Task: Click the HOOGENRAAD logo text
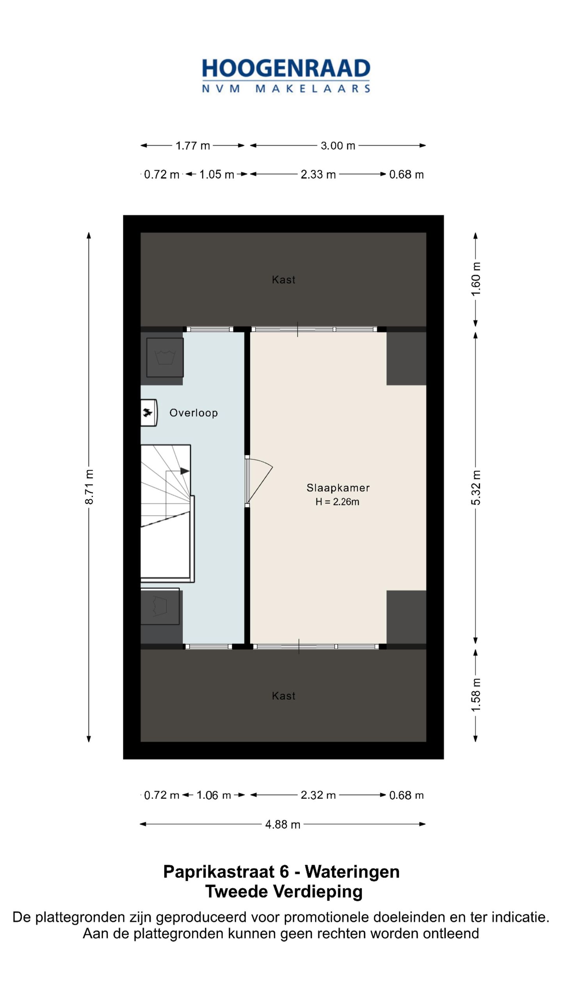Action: [286, 68]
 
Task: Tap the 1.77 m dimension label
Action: [192, 146]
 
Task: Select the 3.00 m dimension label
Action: [338, 146]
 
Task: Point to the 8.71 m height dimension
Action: [89, 487]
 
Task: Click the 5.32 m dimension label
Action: [476, 487]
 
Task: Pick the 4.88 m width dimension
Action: [283, 825]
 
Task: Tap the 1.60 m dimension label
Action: [476, 279]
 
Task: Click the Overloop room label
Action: [193, 413]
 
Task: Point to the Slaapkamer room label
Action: [338, 488]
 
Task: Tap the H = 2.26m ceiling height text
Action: [337, 502]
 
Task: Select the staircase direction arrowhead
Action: [185, 471]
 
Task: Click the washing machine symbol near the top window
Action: [165, 357]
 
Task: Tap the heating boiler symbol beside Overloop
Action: [148, 412]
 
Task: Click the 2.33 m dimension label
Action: [318, 174]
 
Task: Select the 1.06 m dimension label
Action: [213, 795]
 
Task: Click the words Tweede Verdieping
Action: [284, 892]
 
